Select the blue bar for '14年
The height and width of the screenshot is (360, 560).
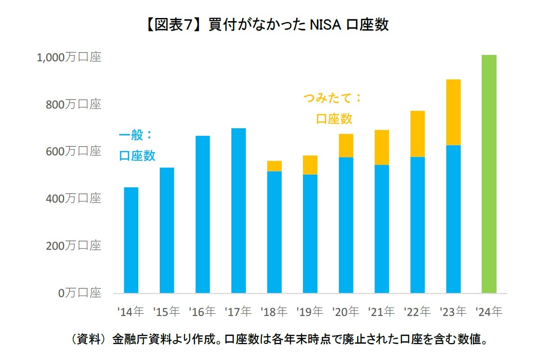coord(131,240)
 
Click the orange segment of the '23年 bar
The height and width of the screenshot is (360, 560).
coord(453,112)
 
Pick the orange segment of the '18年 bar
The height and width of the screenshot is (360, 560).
coord(274,166)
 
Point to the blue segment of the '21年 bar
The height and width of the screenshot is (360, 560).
coord(382,229)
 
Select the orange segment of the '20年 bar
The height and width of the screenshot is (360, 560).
coord(346,146)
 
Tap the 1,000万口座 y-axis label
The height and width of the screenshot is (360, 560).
coord(69,58)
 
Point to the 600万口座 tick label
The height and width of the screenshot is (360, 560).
coord(74,152)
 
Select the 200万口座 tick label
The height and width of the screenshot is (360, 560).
coord(74,246)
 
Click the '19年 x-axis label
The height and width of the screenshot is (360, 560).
coord(310,311)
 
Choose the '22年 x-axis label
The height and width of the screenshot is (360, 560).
coord(417,311)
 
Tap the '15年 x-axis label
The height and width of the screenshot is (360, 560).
coord(166,311)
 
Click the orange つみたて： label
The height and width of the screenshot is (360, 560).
coord(332,98)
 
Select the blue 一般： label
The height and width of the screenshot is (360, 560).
coord(136,135)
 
